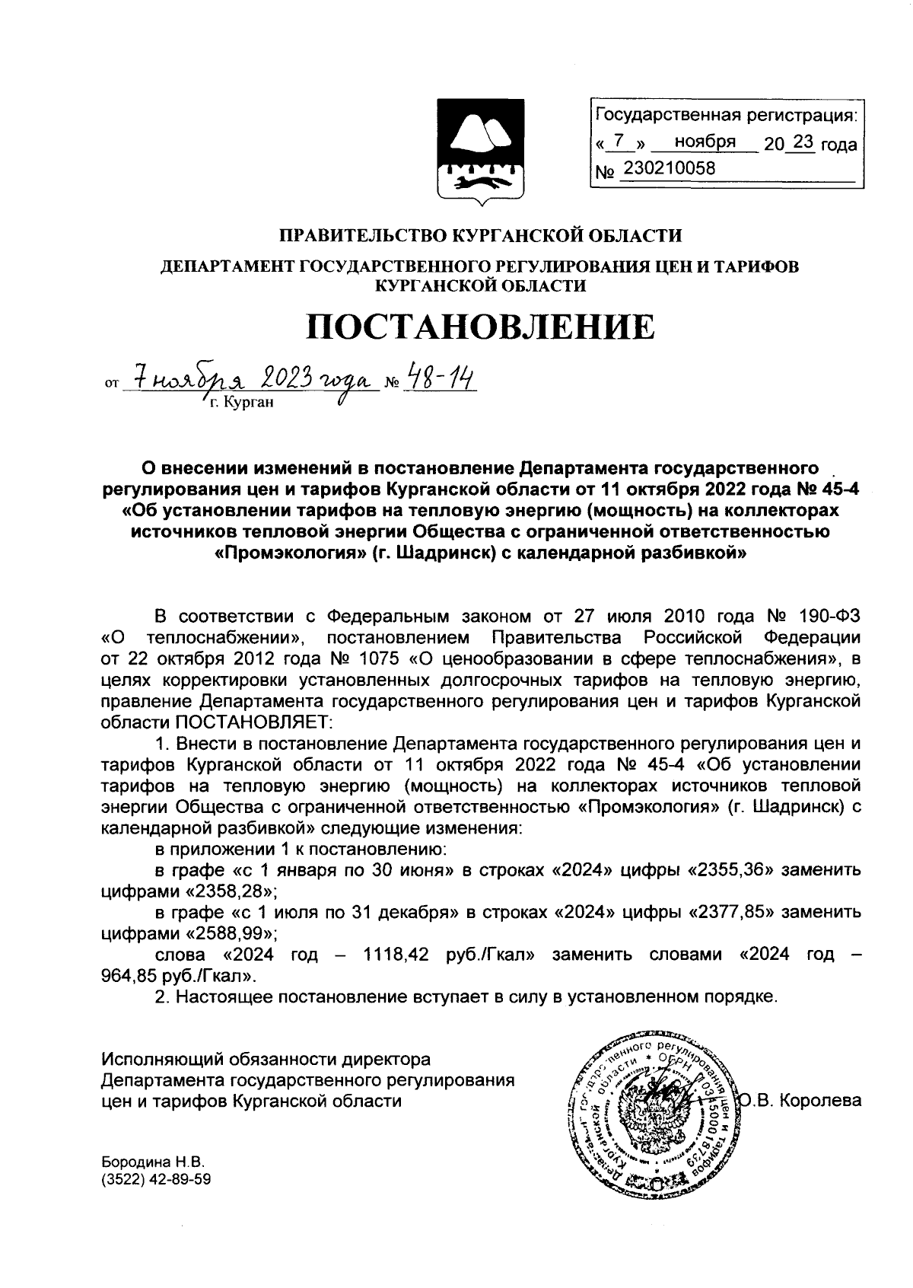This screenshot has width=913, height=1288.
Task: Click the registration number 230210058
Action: click(x=669, y=169)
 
